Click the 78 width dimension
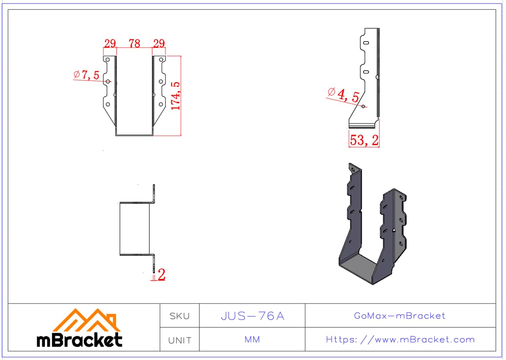[135, 43]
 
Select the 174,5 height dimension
[176, 96]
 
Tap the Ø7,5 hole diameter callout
[86, 75]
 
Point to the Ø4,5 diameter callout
[343, 95]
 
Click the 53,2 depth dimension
[364, 140]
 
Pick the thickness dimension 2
[161, 274]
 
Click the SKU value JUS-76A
[252, 316]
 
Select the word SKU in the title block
[180, 316]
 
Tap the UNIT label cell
[180, 340]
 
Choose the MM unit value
[252, 339]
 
